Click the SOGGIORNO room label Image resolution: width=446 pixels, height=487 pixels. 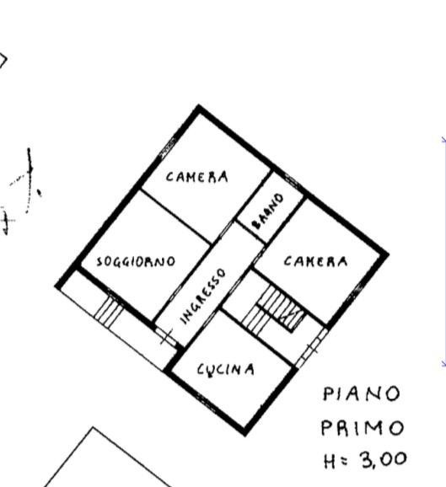pos(136,261)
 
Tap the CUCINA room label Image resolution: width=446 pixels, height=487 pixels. pos(226,370)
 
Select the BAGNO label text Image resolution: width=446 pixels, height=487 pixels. pos(268,211)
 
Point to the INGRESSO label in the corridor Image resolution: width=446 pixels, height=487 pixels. pos(203,297)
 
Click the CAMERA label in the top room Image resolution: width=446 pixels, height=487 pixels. pos(197,177)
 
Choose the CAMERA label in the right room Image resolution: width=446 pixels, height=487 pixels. pos(315,261)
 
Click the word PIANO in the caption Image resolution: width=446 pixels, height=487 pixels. pos(362,393)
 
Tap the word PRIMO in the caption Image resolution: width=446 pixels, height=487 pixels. pos(362,428)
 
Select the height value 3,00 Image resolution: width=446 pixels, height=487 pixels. pos(384,460)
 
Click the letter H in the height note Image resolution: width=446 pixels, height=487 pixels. pos(330,461)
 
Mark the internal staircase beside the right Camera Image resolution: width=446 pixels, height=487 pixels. pos(273,310)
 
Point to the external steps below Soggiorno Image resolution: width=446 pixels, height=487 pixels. pos(109,312)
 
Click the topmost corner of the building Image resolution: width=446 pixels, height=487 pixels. pos(199,106)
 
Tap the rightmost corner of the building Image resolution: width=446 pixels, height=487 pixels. pos(387,254)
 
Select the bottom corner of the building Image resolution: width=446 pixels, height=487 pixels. pos(244,434)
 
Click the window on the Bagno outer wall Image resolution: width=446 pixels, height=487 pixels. pos(292,180)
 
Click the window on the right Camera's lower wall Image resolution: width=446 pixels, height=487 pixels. pos(355,292)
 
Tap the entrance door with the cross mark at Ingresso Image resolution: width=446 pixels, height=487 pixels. pos(166,336)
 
